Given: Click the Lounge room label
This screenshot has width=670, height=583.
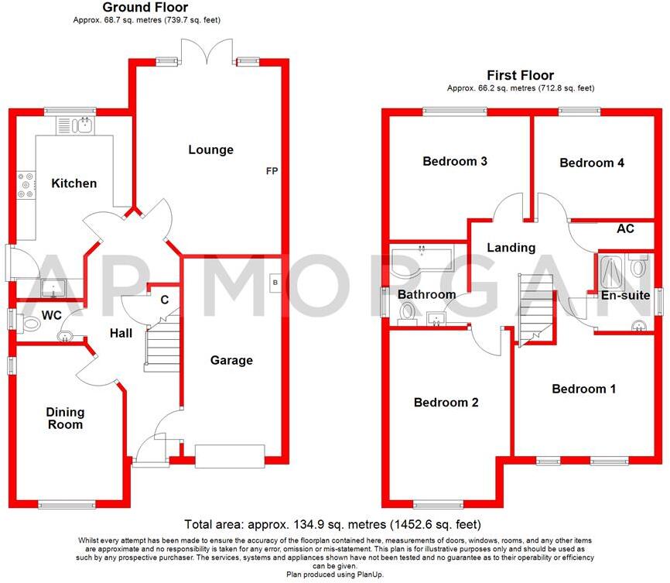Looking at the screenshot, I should [210, 149].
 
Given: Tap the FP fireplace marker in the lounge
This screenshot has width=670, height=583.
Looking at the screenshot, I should [272, 170].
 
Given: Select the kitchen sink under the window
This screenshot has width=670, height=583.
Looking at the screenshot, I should [75, 124].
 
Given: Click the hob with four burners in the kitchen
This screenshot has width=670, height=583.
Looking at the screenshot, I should [26, 184].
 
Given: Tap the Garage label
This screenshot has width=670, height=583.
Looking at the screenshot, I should [231, 360].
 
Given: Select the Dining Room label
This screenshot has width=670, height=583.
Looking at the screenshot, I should [65, 418].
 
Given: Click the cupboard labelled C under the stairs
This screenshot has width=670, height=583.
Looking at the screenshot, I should [164, 300].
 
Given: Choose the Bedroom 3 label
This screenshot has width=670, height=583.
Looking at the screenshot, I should [454, 162].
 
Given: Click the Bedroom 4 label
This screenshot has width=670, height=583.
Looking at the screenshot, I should [592, 163].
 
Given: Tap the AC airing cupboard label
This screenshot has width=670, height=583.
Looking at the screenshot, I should [625, 229].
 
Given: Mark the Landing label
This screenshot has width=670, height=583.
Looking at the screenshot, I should [511, 248].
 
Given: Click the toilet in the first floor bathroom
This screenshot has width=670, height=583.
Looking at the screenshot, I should [405, 312].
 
